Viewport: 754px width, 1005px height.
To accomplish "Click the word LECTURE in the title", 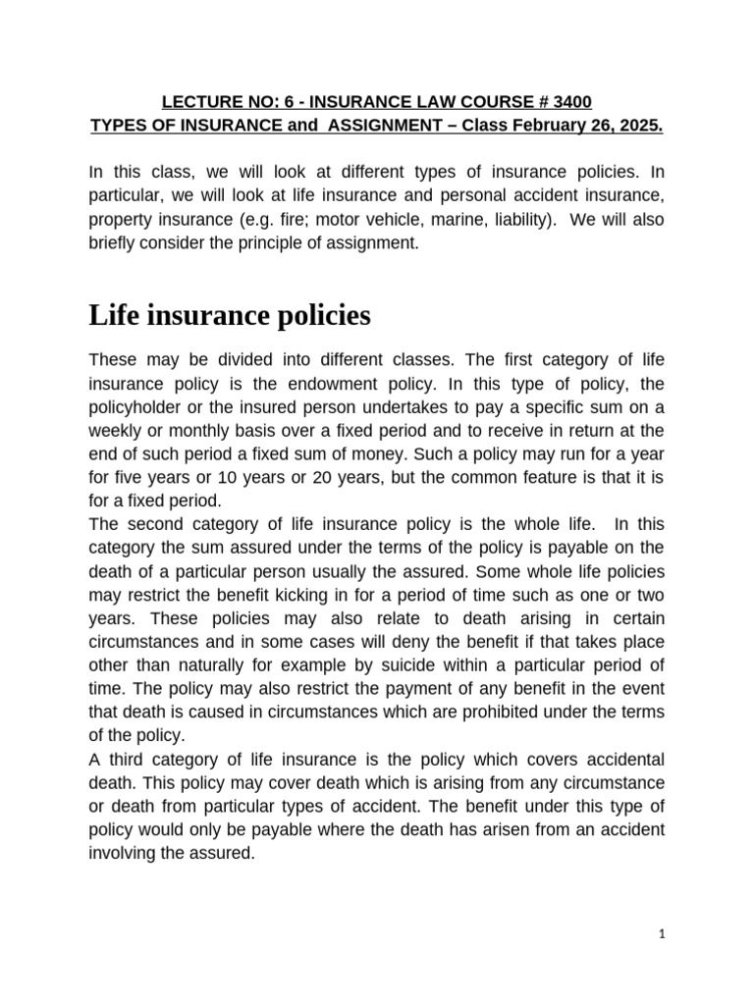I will pos(194,102).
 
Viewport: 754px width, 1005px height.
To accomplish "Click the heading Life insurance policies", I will pos(230,315).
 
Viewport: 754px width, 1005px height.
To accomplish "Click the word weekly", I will pos(116,430).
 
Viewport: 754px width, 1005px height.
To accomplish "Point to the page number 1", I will pos(663,935).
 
